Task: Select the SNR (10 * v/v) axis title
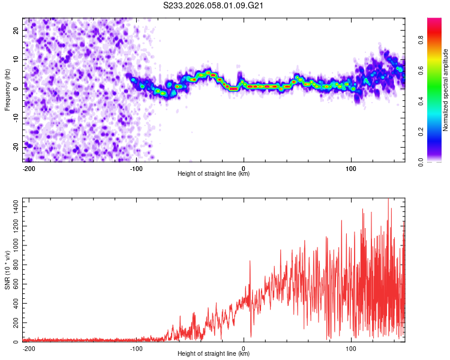(x=7, y=270)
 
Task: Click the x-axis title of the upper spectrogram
(x=214, y=174)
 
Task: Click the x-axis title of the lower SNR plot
(x=214, y=354)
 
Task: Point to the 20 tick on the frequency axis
(x=16, y=30)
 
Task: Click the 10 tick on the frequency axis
(x=16, y=59)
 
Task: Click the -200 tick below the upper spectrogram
(x=29, y=167)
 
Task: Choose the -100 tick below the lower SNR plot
(x=136, y=347)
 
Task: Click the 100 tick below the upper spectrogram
(x=351, y=167)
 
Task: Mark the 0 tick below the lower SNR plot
(x=244, y=347)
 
